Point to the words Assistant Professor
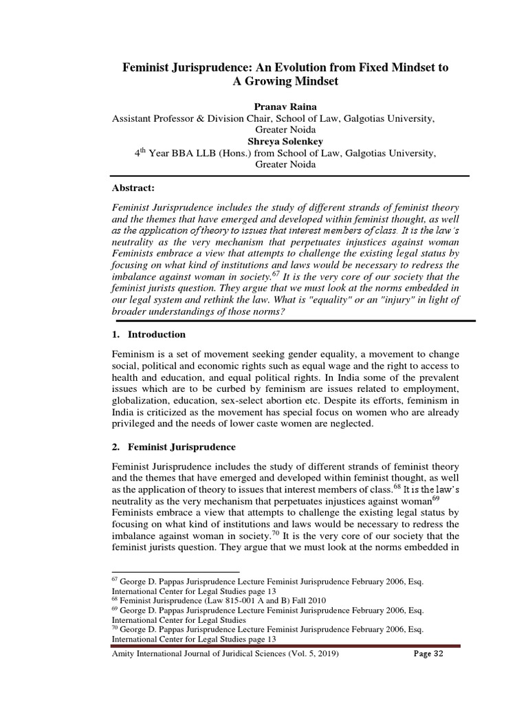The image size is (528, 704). [154, 118]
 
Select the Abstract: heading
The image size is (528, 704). [134, 188]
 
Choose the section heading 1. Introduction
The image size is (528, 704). [148, 334]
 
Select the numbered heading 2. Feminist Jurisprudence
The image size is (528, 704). [173, 447]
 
